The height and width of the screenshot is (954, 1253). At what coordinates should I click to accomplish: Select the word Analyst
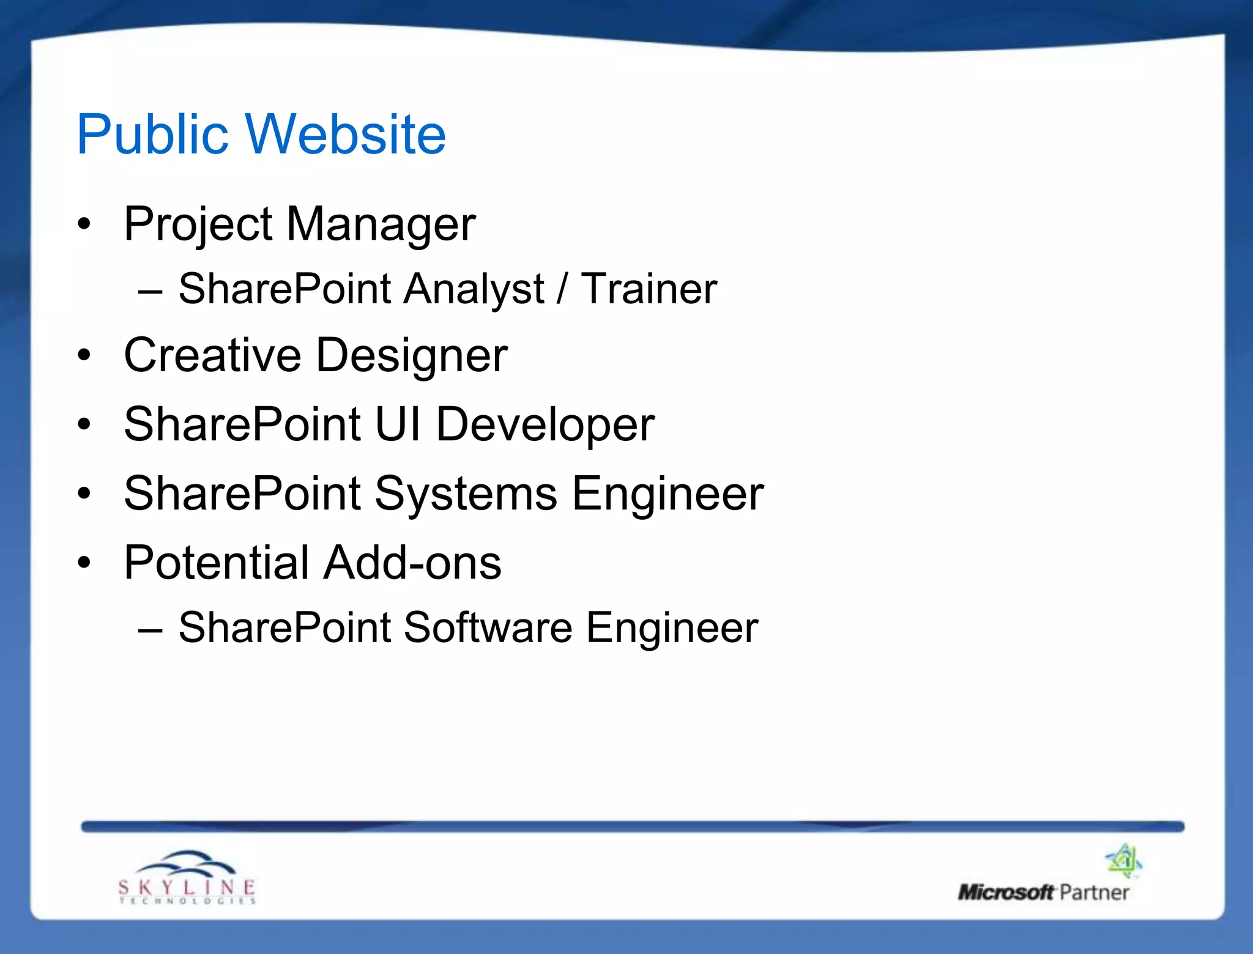coord(474,289)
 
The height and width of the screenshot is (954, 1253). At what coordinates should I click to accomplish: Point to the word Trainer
coord(649,289)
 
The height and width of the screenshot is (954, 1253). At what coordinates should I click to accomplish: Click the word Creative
coord(212,355)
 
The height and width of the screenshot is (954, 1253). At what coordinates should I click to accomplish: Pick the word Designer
coord(412,357)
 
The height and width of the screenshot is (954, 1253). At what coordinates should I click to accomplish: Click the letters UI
coord(398,424)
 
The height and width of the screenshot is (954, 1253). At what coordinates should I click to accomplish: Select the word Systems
coord(466,494)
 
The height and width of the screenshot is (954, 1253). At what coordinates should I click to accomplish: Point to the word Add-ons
coord(412,563)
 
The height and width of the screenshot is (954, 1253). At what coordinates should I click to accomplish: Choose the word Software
coord(488,628)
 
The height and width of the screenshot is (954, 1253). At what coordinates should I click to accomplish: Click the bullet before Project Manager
coord(84,224)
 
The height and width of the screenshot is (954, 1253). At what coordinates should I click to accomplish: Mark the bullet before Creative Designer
coord(84,355)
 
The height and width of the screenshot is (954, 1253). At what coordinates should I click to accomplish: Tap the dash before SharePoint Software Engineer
coord(151,630)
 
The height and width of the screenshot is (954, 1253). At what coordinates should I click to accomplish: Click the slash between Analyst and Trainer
coord(562,289)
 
